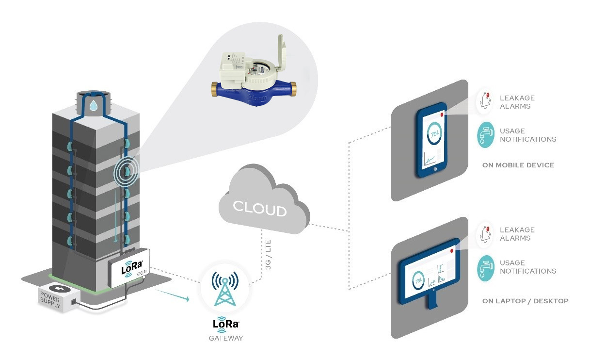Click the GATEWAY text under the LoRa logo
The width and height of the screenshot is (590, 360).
pos(225,338)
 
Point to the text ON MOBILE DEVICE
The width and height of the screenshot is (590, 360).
pos(517,165)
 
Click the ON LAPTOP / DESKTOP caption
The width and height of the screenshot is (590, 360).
pos(525,301)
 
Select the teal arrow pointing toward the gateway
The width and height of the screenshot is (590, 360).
pos(173,295)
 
